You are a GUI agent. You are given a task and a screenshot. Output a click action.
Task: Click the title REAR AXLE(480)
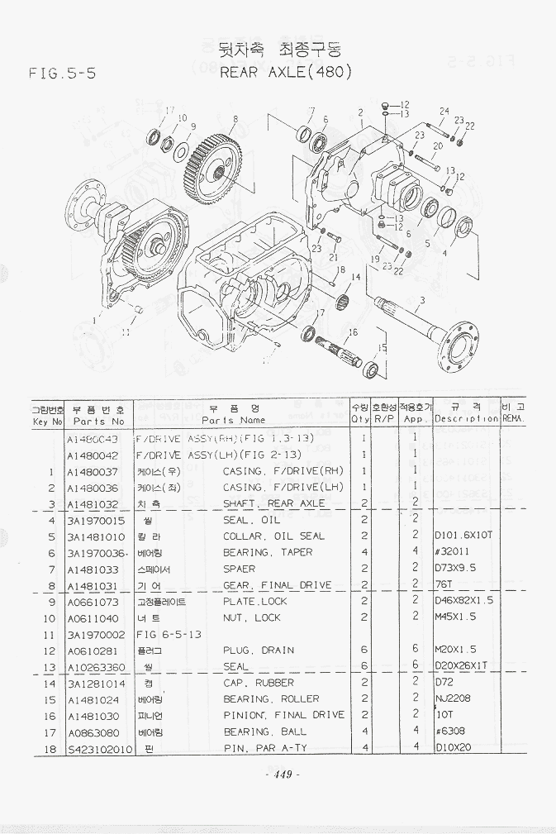(x=287, y=72)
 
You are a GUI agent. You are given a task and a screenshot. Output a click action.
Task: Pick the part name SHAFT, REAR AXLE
(x=274, y=503)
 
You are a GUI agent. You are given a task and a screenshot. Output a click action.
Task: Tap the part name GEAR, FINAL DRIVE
(x=278, y=585)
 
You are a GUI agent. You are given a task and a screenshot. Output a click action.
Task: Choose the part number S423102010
(x=99, y=748)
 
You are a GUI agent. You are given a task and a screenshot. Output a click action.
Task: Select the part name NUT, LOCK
(x=252, y=617)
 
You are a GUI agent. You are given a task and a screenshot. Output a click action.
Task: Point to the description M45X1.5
(x=455, y=617)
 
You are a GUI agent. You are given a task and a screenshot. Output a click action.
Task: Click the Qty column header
(x=360, y=412)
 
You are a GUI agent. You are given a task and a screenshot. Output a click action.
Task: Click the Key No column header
(x=47, y=413)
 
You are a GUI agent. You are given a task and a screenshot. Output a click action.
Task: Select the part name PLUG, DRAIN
(x=259, y=651)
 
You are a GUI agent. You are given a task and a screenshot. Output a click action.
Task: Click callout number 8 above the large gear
(x=235, y=119)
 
